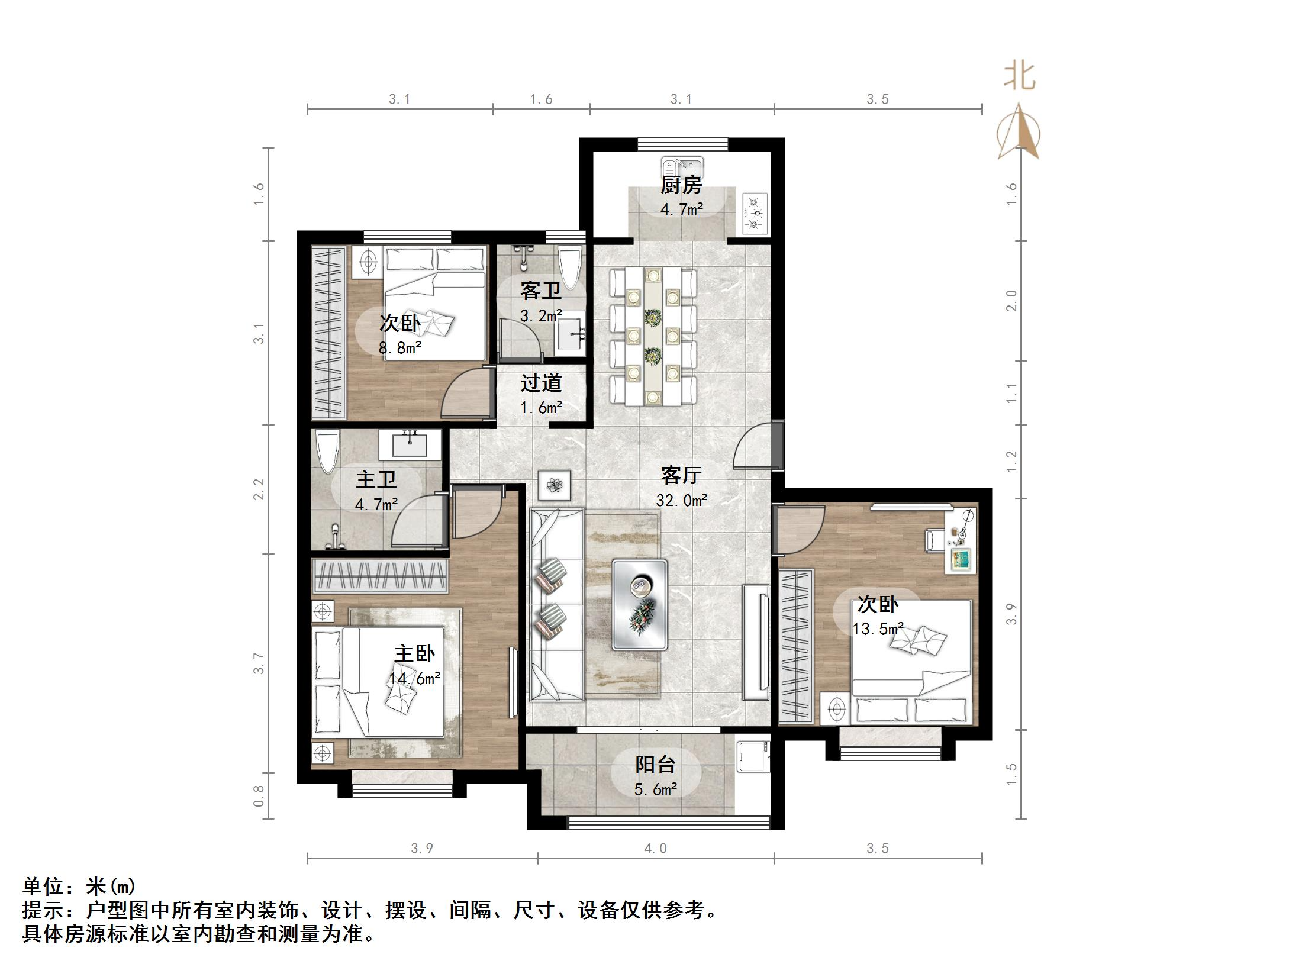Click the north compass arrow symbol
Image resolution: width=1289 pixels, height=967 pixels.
point(1019,131)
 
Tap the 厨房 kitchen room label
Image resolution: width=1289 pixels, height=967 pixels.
point(681,185)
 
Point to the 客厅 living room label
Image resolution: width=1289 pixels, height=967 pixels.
point(681,475)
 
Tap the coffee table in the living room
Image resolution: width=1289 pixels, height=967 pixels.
point(640,604)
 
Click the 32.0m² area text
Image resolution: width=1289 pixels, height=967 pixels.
point(682,501)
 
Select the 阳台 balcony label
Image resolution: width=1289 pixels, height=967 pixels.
point(655,765)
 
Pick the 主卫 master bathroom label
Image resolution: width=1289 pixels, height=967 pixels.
point(376,479)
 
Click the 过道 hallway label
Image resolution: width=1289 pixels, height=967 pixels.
point(540,383)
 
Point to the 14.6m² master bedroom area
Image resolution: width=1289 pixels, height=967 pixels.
point(415,678)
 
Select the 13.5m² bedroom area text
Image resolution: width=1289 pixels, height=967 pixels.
point(878,629)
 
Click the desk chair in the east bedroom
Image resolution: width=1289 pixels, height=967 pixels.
point(934,540)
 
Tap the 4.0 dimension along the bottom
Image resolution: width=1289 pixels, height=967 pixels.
point(655,849)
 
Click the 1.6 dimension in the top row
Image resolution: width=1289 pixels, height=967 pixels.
point(541,99)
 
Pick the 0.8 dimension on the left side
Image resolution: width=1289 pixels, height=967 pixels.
point(259,796)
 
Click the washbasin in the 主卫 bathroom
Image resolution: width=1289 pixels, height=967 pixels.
point(410,444)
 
